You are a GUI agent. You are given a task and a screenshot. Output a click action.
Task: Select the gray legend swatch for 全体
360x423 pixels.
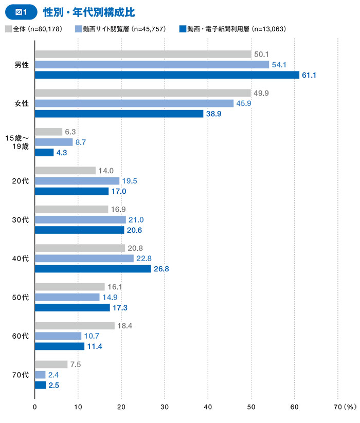click(x=8, y=29)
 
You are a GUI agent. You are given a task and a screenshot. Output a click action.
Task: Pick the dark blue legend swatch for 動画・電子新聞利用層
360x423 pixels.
click(x=183, y=29)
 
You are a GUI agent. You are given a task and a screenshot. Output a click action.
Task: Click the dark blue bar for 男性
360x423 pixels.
click(x=167, y=75)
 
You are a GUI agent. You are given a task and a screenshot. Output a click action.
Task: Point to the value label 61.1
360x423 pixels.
click(x=309, y=75)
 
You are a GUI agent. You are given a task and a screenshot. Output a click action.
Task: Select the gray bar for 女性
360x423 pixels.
click(x=143, y=93)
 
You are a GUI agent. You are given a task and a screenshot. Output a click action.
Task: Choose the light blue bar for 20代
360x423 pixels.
click(x=77, y=181)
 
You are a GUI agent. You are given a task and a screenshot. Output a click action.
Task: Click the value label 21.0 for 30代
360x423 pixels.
click(x=136, y=220)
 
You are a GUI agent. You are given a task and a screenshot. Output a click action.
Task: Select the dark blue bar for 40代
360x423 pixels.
click(x=93, y=269)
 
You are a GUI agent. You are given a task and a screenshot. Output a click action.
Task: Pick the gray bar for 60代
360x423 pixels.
click(x=75, y=326)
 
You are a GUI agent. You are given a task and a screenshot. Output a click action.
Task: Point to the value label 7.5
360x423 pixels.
click(x=76, y=364)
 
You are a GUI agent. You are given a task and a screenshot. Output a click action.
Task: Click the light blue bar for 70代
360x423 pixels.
click(x=40, y=375)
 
